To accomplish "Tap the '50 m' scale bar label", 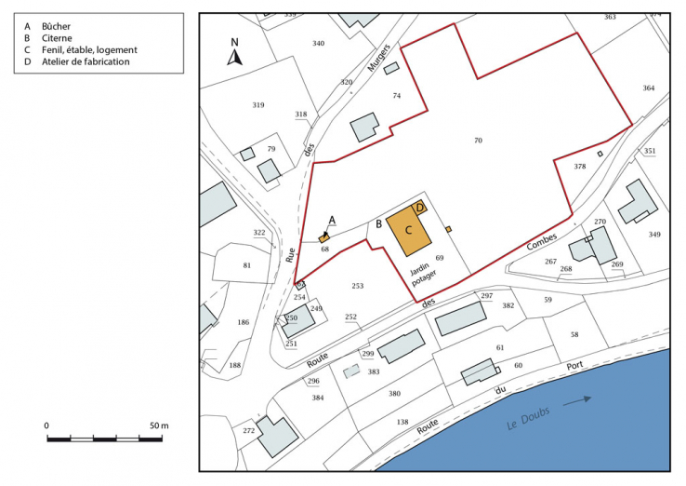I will coord(159,425).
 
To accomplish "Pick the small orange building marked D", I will coord(420,209).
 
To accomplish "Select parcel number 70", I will coord(478,141).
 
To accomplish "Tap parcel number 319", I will coord(258,105).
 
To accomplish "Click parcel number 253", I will coord(357,285).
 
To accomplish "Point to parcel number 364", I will coord(648,88).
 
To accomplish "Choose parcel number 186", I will coord(243,322).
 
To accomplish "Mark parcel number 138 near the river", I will coord(402,422).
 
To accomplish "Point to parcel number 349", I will coord(654,234).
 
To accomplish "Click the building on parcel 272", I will coord(277,436).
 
